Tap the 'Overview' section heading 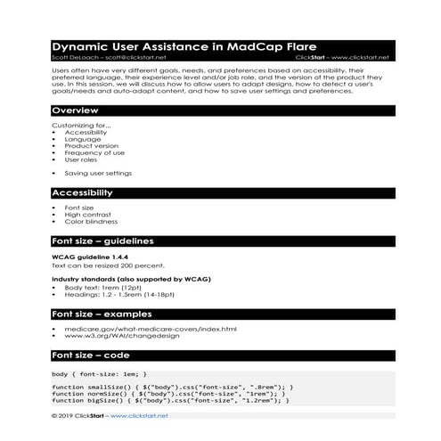75,110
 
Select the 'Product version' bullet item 90,145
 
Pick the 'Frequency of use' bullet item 93,152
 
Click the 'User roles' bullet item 83,159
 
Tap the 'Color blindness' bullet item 91,222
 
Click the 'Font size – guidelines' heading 103,241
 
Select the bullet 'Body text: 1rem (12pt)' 99,288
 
